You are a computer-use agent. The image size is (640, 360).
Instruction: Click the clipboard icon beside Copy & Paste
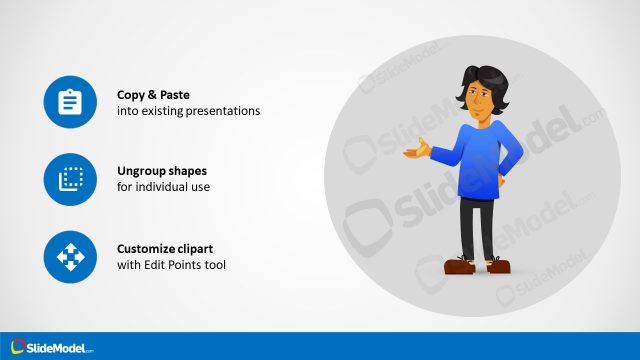[70, 103]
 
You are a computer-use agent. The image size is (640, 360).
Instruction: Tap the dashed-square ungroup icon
[70, 180]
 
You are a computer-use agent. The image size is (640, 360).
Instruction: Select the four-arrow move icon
[70, 257]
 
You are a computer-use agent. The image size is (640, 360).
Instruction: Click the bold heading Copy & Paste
[153, 95]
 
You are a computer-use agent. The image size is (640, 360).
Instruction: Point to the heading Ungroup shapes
[162, 171]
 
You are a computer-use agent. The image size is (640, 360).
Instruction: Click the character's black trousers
[478, 225]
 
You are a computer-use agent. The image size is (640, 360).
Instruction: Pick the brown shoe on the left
[460, 266]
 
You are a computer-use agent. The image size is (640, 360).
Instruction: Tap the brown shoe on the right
[497, 265]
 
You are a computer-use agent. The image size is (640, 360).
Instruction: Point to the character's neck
[480, 120]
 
